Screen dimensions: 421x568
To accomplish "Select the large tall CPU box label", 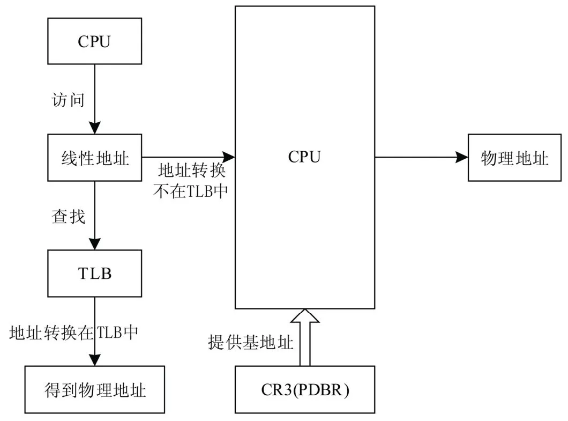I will coord(304,157).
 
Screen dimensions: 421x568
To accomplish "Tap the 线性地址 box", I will coord(94,158).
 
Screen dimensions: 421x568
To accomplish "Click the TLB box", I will coord(94,273).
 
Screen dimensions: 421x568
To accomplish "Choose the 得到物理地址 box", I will coord(94,389).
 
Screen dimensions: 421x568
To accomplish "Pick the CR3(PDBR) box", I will coord(304,389).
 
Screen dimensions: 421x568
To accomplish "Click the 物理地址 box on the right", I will coord(514,158).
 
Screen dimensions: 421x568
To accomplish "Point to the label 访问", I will coord(68,100).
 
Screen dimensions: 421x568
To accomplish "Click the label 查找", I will coord(68,216).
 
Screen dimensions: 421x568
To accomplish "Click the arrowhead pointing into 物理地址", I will coord(462,157).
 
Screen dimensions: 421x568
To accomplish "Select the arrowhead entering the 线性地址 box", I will coord(95,129).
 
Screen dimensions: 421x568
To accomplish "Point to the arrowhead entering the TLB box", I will coord(95,243).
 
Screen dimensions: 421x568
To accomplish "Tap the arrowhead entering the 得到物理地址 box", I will coord(95,360).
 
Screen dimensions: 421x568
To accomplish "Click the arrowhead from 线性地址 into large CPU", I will coord(229,157).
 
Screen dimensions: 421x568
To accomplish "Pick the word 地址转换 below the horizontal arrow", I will coord(191,172).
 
